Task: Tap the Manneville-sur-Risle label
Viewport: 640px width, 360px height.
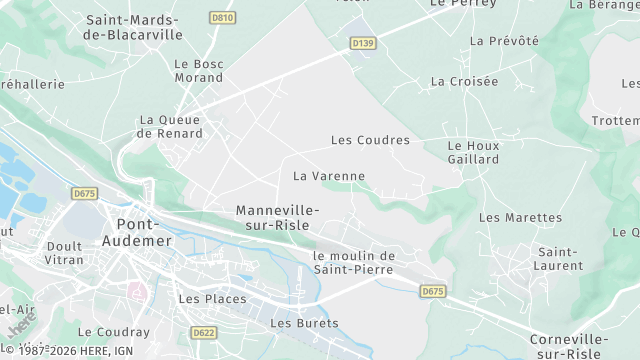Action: [x=277, y=218]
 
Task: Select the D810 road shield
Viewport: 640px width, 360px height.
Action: [x=222, y=18]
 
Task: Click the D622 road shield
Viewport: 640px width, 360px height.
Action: [x=204, y=332]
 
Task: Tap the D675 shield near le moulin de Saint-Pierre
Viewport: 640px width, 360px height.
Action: [x=432, y=291]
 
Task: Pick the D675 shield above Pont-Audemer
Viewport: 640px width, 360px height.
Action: [x=84, y=192]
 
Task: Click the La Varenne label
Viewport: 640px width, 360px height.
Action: [x=329, y=176]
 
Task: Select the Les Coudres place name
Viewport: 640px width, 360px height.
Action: [x=370, y=140]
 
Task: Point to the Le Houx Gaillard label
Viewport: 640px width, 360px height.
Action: [x=473, y=152]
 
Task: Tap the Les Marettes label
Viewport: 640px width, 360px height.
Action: [x=520, y=217]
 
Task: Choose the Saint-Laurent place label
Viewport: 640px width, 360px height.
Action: [x=559, y=258]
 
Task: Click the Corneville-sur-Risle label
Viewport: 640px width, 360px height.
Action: [x=568, y=346]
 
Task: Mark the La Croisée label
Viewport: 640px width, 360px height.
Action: [x=464, y=81]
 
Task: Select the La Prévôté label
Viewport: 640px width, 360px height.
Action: [x=504, y=41]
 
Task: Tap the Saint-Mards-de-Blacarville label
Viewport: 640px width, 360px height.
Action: [x=134, y=27]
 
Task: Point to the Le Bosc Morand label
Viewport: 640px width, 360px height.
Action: [x=198, y=71]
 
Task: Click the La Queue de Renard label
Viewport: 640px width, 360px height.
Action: [x=170, y=126]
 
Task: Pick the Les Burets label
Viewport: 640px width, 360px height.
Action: [x=304, y=323]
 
